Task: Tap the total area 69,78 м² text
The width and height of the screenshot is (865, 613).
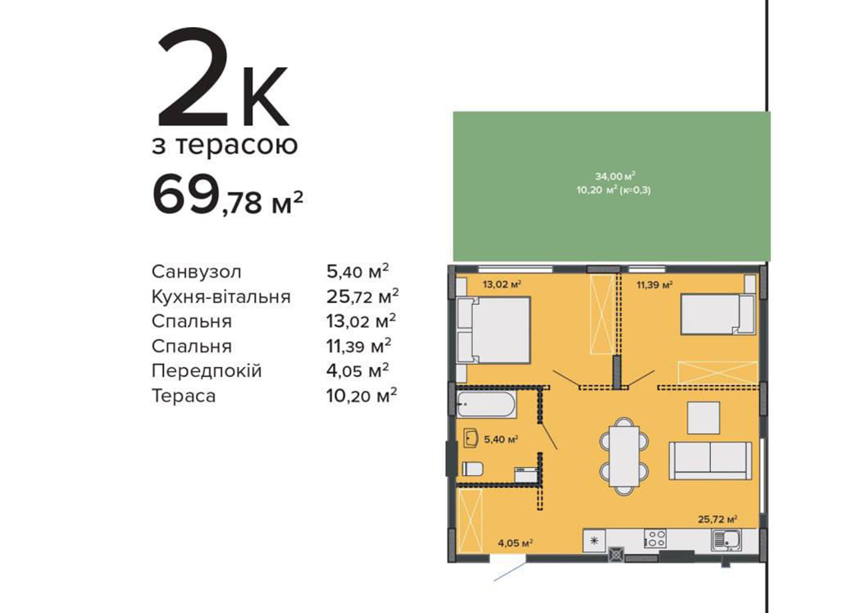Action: [x=227, y=196]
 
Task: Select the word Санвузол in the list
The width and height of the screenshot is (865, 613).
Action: [x=197, y=272]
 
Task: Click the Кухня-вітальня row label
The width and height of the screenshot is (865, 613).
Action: [x=221, y=297]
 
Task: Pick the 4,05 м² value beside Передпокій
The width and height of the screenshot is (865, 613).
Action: [x=357, y=370]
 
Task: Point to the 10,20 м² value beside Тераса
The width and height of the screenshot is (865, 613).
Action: [x=362, y=395]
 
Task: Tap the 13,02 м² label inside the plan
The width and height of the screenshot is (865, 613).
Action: [x=502, y=285]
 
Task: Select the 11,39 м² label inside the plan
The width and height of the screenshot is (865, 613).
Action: [x=654, y=285]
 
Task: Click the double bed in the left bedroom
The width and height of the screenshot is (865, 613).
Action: [x=494, y=330]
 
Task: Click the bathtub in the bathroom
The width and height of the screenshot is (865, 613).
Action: [x=486, y=405]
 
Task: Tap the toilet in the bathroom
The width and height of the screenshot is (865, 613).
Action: [x=472, y=469]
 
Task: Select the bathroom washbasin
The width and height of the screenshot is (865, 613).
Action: [x=471, y=438]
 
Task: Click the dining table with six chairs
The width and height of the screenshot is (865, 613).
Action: [x=624, y=456]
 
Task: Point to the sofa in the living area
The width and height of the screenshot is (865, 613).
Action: [x=710, y=461]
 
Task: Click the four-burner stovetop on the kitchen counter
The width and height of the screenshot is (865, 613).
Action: [x=655, y=538]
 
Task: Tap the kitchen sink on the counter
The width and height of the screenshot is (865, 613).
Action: [x=726, y=538]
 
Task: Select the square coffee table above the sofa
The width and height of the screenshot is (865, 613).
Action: [x=703, y=418]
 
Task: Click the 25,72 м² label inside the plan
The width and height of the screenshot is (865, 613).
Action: [x=717, y=520]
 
